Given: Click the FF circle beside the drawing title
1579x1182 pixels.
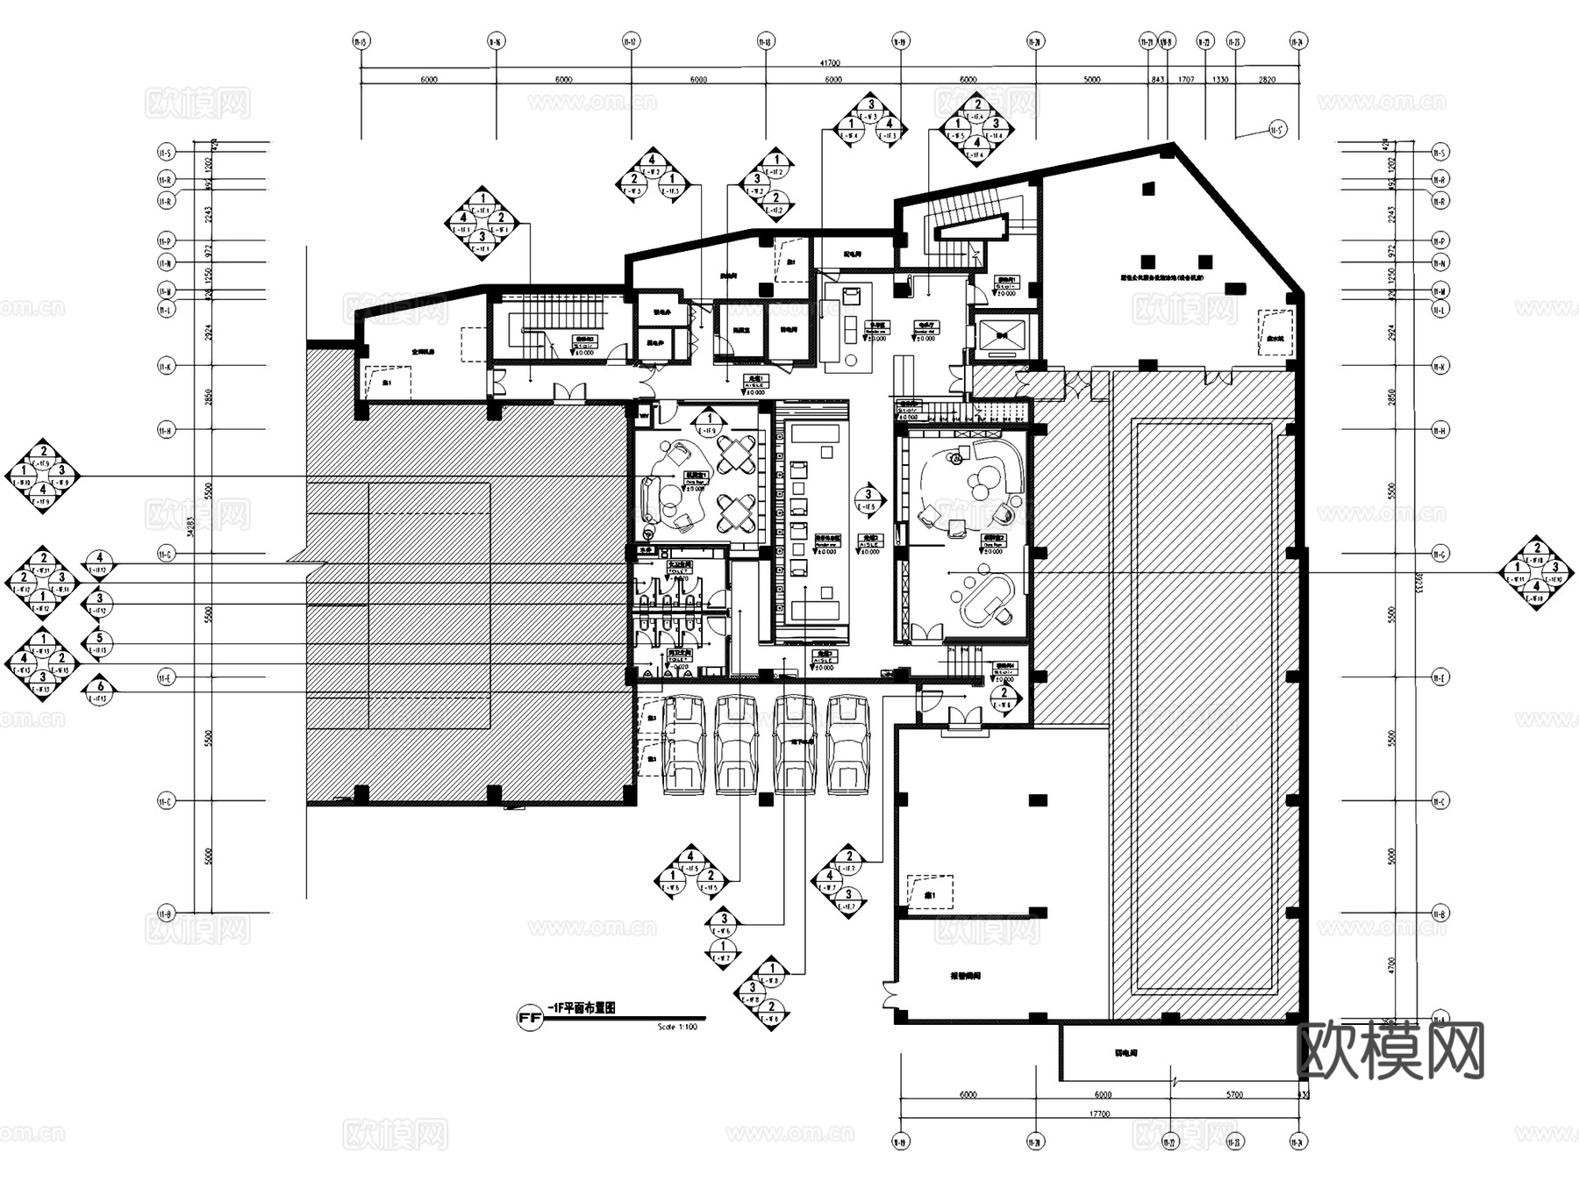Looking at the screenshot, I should (528, 1019).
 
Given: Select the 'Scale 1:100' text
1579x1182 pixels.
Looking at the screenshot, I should (676, 1026).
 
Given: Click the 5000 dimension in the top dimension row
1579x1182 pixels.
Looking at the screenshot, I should (1091, 80).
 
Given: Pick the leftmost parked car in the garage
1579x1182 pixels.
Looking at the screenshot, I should (684, 744).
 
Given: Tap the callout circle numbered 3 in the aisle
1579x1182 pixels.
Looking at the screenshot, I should (868, 495).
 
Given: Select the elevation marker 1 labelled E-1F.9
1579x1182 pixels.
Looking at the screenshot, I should (707, 420).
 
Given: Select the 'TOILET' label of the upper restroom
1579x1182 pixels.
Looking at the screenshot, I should (680, 570).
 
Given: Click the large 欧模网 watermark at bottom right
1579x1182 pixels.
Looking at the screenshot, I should (1390, 1050).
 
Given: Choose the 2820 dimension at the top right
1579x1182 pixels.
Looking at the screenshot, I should (1267, 80).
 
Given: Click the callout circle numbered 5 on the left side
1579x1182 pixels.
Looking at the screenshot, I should (100, 639).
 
